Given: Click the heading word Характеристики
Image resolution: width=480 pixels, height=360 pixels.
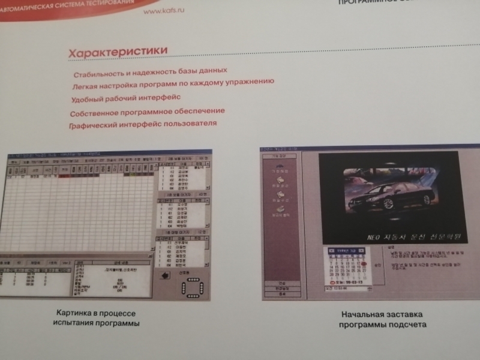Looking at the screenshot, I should pos(118,53).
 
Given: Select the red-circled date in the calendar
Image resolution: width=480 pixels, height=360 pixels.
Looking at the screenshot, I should pos(364,263).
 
